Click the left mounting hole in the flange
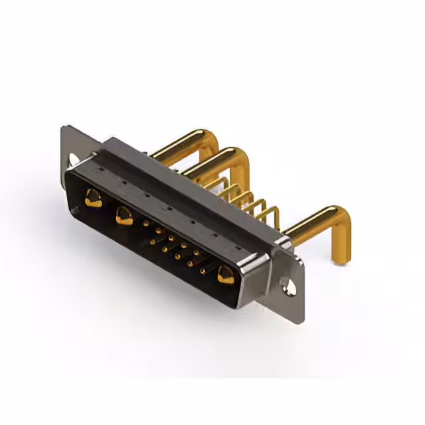(73, 159)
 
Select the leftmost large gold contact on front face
(93, 198)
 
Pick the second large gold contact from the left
(124, 215)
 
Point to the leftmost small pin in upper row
(146, 224)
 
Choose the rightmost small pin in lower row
(203, 270)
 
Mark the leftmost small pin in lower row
(152, 242)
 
